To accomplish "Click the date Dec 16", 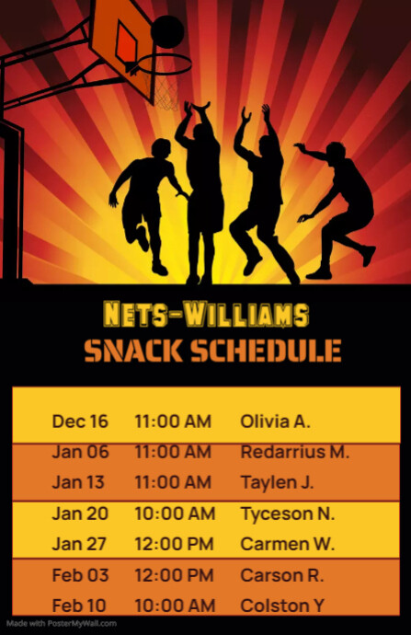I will click(80, 421).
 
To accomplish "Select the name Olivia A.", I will click(275, 421).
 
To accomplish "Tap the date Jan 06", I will click(80, 452).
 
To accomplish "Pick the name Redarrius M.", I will click(294, 452).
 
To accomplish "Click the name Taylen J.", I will click(277, 482).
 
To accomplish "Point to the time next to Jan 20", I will click(175, 513).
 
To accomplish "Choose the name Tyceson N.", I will click(287, 513).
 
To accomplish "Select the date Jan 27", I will click(80, 544).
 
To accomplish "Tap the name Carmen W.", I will click(287, 544).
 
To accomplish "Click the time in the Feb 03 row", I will click(175, 575).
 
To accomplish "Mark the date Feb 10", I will click(80, 606).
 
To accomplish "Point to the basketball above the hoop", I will click(166, 30).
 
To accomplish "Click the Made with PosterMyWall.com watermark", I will click(61, 624).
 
